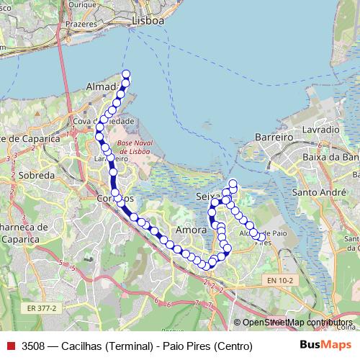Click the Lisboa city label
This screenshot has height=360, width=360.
pos(148,21)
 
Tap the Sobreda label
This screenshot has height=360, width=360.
pos(37,175)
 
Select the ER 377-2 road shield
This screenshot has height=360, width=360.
pos(42,307)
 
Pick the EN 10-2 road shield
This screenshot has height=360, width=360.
pos(279,279)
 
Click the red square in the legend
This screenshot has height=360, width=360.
pos(10,346)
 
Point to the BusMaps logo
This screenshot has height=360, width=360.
pos(325,345)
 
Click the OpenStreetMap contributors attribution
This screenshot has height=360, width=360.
pos(297,323)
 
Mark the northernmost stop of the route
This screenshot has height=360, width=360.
pos(126,74)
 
